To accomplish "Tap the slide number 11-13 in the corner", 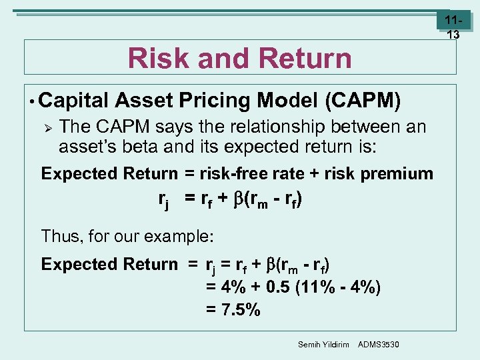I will click(453, 27).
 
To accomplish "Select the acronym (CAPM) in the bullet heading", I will click(363, 101).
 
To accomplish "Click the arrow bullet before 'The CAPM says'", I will click(47, 127).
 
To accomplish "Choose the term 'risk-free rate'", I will click(256, 174).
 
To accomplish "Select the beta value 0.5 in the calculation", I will click(278, 287).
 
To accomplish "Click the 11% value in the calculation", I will click(321, 287).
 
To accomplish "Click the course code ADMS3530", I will click(379, 343).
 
